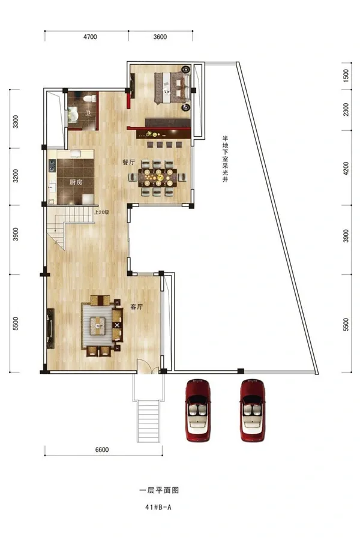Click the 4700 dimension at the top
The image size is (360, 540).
pyautogui.click(x=90, y=37)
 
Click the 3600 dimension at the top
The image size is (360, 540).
pyautogui.click(x=160, y=37)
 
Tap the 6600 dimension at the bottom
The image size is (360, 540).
pyautogui.click(x=102, y=449)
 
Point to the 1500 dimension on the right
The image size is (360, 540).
pyautogui.click(x=346, y=75)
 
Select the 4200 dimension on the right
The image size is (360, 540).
pyautogui.click(x=346, y=169)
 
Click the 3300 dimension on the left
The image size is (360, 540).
pyautogui.click(x=16, y=122)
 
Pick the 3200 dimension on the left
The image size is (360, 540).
pyautogui.click(x=16, y=176)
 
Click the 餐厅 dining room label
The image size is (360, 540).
pyautogui.click(x=128, y=162)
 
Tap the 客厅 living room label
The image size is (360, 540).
pyautogui.click(x=137, y=307)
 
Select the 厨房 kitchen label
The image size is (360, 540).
pyautogui.click(x=76, y=182)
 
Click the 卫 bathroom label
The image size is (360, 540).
pyautogui.click(x=88, y=113)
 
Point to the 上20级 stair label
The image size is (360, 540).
pyautogui.click(x=101, y=212)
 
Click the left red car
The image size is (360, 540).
pyautogui.click(x=198, y=410)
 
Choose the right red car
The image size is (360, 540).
pyautogui.click(x=253, y=410)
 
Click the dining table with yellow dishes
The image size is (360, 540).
pyautogui.click(x=157, y=178)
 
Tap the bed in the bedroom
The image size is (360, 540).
pyautogui.click(x=172, y=88)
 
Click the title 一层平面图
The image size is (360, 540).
pyautogui.click(x=159, y=490)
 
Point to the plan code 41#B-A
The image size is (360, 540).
pyautogui.click(x=158, y=507)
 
